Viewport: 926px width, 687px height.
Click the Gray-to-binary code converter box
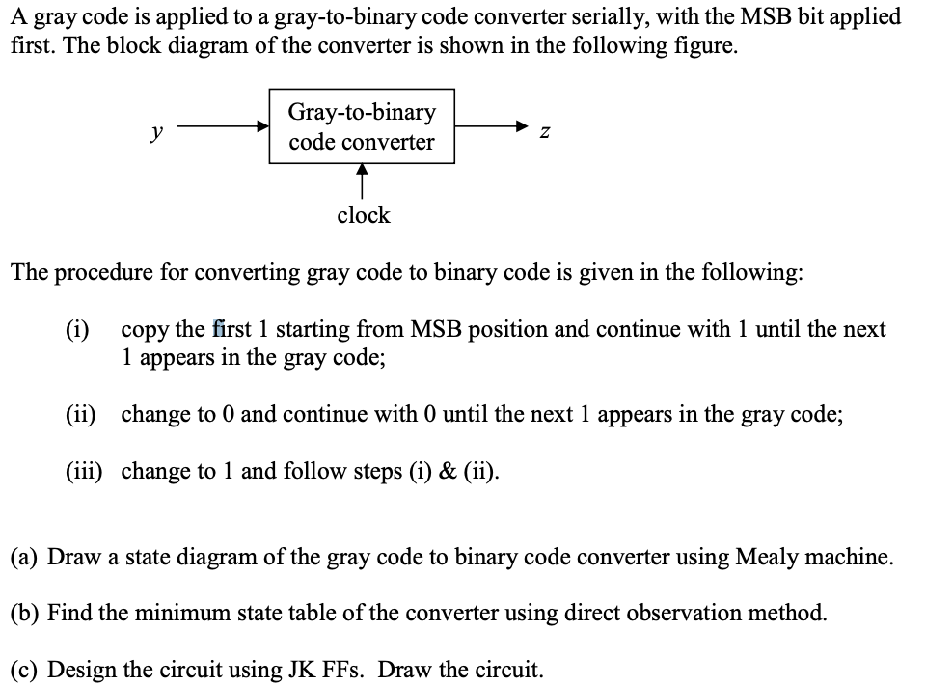point(362,126)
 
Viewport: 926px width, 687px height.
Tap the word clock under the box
point(363,215)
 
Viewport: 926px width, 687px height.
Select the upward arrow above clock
point(363,181)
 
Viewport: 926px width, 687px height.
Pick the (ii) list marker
point(81,415)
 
